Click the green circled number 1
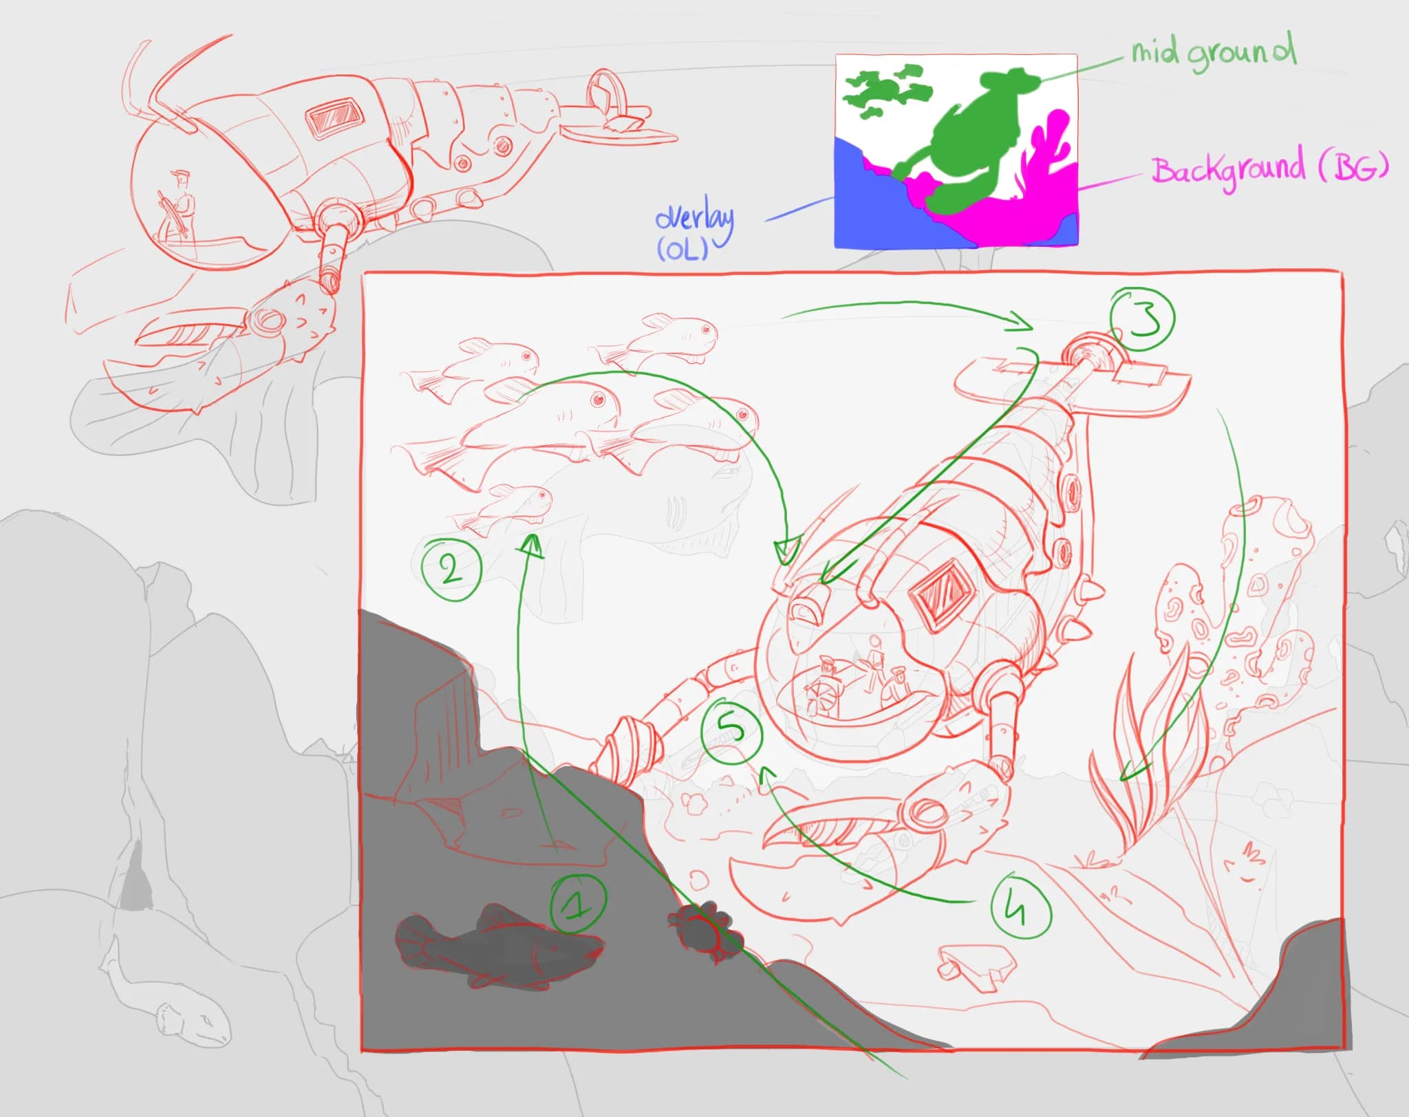[579, 904]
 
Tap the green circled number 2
[451, 569]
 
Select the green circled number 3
[1142, 319]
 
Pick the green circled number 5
[731, 730]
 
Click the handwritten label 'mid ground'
[1214, 52]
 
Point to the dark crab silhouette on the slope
[704, 926]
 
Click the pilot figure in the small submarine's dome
[180, 203]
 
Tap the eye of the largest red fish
[597, 399]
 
